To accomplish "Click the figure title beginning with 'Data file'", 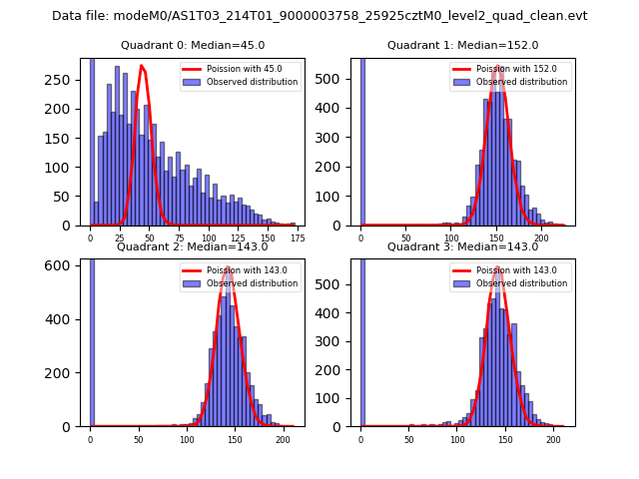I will (319, 16).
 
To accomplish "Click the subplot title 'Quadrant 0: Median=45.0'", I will (193, 45).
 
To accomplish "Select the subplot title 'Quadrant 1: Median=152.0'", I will (462, 45).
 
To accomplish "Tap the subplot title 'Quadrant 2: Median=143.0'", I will (193, 246).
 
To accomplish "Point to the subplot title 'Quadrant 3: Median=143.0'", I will (462, 246).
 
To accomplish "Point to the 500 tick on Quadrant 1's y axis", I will (340, 79).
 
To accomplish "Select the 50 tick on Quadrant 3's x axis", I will (409, 439).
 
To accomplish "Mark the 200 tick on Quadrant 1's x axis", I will (542, 238).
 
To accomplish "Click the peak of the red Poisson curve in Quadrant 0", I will (142, 66).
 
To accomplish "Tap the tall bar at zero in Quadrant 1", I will (361, 140).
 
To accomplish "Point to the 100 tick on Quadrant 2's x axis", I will (187, 439).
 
